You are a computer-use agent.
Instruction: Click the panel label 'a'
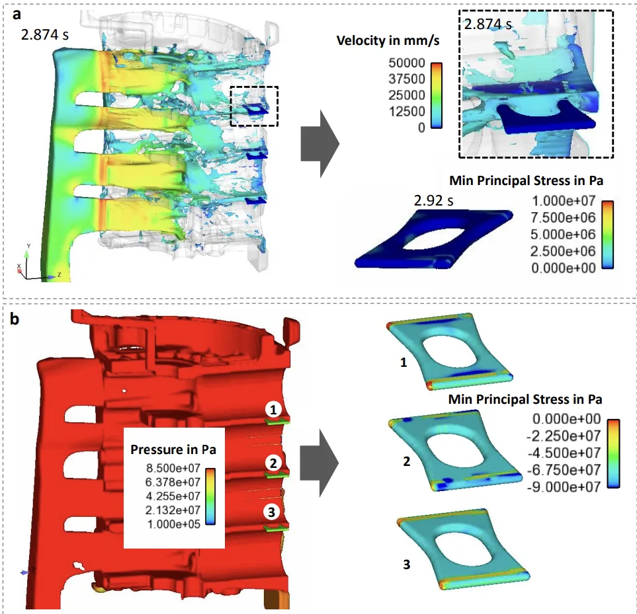click(x=17, y=15)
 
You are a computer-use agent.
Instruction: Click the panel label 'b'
click(x=15, y=319)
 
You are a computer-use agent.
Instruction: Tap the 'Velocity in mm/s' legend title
click(x=388, y=40)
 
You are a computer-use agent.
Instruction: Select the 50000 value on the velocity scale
click(x=407, y=63)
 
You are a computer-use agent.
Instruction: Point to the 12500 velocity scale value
click(x=407, y=111)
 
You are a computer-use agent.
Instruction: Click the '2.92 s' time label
click(x=433, y=200)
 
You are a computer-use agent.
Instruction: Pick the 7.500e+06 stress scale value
click(x=563, y=218)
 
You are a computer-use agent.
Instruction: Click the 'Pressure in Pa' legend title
click(x=173, y=449)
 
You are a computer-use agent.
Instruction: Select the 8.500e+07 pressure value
click(x=173, y=468)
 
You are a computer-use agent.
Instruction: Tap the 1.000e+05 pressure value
click(x=174, y=524)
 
